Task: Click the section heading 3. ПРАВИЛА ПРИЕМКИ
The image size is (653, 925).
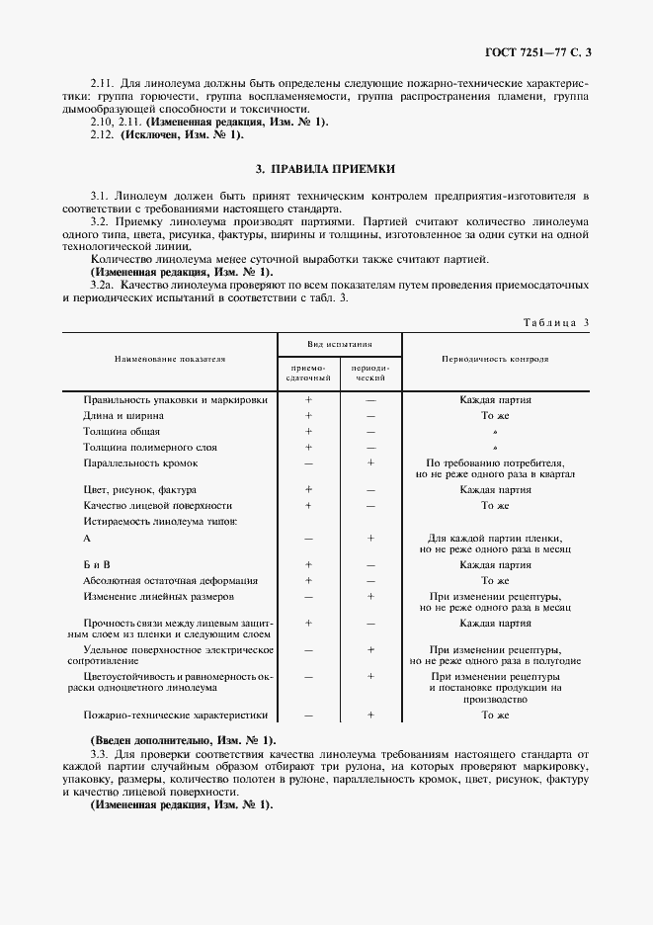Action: [x=326, y=170]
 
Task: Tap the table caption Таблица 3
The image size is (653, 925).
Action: [x=559, y=322]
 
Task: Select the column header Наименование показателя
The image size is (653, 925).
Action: [x=169, y=359]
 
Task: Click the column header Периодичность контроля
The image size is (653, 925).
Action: [x=496, y=359]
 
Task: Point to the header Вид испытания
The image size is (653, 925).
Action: [x=339, y=345]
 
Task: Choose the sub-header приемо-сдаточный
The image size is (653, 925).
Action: [x=308, y=372]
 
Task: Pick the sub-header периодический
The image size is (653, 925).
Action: [x=370, y=372]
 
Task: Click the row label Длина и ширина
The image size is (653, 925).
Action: [x=124, y=416]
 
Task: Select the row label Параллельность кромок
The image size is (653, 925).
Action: [x=141, y=462]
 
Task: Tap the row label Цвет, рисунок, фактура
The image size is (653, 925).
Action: [x=139, y=489]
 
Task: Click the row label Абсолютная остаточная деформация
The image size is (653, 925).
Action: [x=171, y=580]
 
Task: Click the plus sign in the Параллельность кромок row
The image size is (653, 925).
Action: [x=370, y=462]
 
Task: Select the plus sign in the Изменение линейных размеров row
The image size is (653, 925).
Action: [x=370, y=596]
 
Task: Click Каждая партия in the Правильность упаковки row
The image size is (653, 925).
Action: [x=496, y=400]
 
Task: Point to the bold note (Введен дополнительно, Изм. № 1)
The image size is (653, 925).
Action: [x=183, y=740]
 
